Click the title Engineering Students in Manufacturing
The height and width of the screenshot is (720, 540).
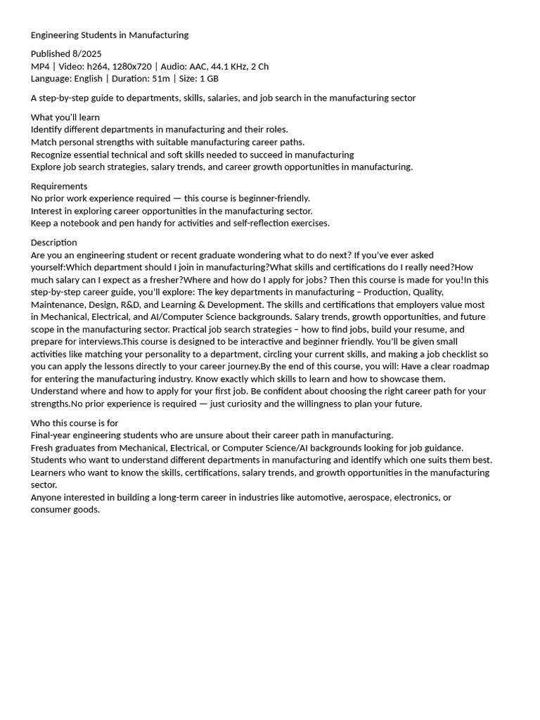pyautogui.click(x=110, y=35)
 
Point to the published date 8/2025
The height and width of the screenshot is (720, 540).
pyautogui.click(x=87, y=54)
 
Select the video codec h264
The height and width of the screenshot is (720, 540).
pyautogui.click(x=99, y=67)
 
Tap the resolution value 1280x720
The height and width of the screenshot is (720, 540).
pyautogui.click(x=134, y=67)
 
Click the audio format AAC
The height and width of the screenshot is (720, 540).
pyautogui.click(x=198, y=67)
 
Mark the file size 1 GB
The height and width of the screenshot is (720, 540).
pyautogui.click(x=209, y=79)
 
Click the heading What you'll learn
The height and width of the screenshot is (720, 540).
pyautogui.click(x=65, y=117)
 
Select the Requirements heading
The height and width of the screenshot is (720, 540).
pyautogui.click(x=59, y=186)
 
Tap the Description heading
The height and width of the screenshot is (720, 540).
pyautogui.click(x=54, y=243)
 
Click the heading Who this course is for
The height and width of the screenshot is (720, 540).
pyautogui.click(x=75, y=423)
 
